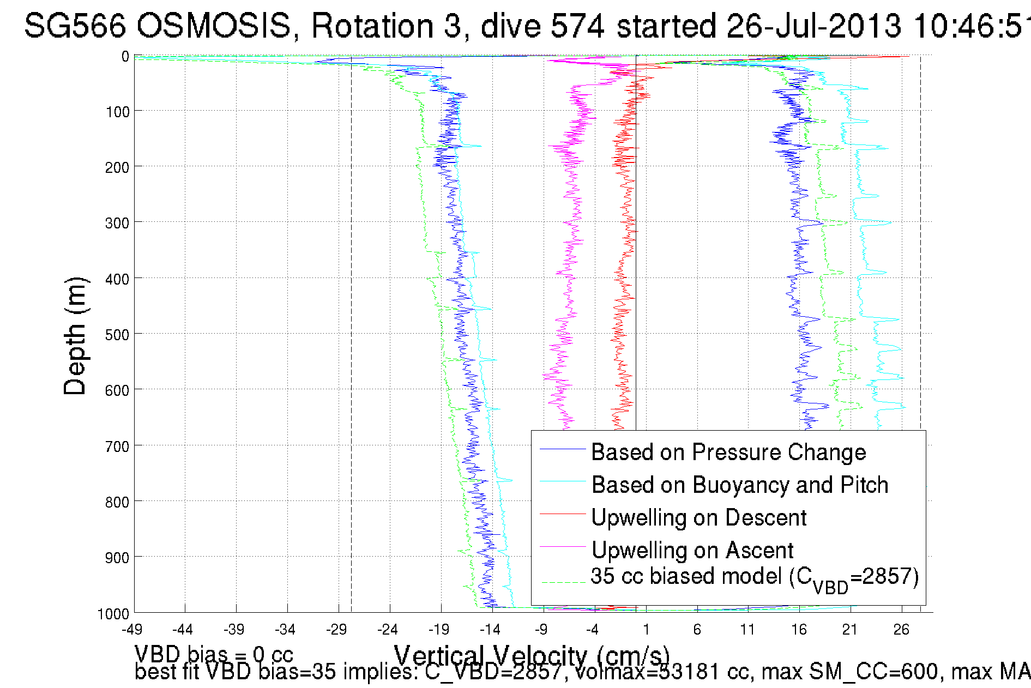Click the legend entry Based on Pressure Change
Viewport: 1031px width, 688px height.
point(728,452)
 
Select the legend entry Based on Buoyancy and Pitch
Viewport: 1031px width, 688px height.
point(739,485)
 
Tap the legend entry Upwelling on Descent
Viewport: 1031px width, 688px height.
point(698,517)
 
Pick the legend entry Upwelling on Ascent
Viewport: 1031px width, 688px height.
point(692,550)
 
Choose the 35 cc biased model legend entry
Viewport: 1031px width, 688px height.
point(754,577)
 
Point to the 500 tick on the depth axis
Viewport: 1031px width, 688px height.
point(117,335)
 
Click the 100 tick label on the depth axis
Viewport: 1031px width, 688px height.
point(117,112)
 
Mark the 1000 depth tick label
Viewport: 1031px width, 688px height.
point(113,614)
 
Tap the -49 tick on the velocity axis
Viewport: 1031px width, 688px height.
point(131,630)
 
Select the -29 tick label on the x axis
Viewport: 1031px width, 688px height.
point(336,630)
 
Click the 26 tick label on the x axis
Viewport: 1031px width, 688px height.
point(901,630)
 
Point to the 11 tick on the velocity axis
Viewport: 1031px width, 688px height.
point(747,630)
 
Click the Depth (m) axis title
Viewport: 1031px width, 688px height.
point(75,336)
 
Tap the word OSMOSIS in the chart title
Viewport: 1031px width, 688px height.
point(213,26)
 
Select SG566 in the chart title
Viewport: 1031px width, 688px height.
point(75,26)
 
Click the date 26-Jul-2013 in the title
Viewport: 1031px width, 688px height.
point(813,26)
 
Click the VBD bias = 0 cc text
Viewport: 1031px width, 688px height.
point(214,654)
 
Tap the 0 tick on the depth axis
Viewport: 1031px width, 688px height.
point(125,57)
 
